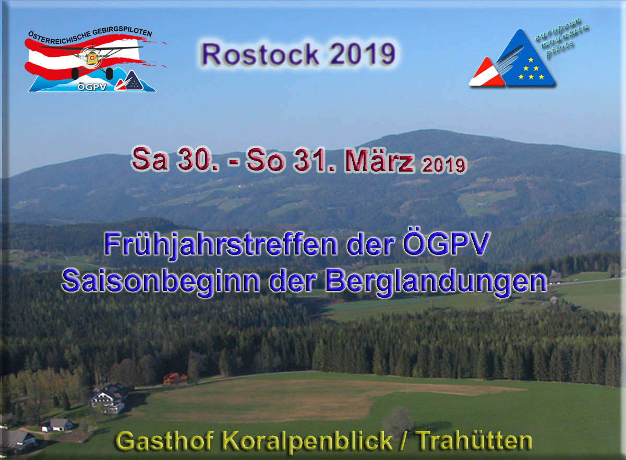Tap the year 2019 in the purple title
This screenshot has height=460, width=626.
click(x=363, y=54)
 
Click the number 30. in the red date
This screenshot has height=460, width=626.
click(x=197, y=159)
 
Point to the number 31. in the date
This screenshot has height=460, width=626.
click(x=314, y=160)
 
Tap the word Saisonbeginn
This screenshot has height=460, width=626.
click(x=161, y=282)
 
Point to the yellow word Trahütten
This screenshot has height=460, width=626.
click(x=474, y=441)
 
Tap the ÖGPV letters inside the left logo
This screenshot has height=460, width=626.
click(x=92, y=87)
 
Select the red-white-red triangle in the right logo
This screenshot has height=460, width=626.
click(x=487, y=73)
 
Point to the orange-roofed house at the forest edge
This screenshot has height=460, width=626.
click(x=175, y=379)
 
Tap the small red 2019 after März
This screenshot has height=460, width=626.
click(x=444, y=165)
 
